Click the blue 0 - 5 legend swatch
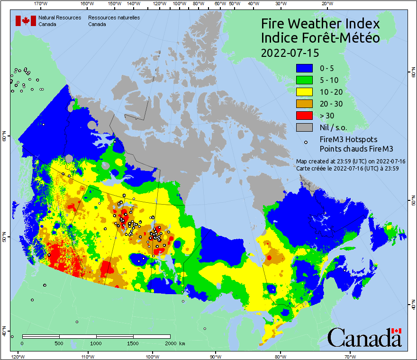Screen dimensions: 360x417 click(x=304, y=68)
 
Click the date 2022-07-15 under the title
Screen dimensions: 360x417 click(x=290, y=52)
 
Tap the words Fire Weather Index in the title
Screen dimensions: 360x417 click(x=320, y=24)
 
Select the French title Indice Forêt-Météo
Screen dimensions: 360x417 click(x=320, y=38)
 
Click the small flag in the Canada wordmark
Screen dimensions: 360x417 click(x=397, y=331)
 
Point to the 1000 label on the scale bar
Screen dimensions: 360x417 click(x=96, y=343)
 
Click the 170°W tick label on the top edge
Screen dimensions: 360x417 click(x=42, y=3)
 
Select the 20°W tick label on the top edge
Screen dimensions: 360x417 click(x=326, y=3)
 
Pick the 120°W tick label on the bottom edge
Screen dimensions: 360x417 click(x=18, y=356)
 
